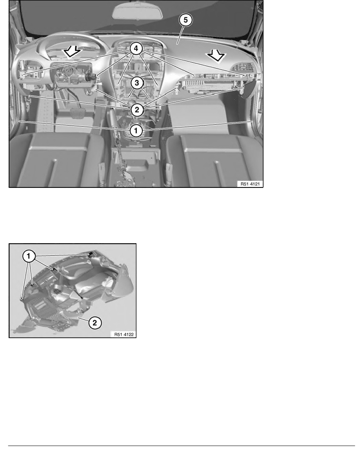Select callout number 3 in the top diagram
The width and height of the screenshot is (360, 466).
coord(136,83)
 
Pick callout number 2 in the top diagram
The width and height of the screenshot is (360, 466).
coord(136,109)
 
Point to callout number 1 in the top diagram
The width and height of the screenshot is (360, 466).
coord(136,131)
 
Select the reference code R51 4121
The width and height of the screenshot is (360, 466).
coord(249,183)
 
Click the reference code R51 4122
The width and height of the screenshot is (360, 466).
coord(122,335)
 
